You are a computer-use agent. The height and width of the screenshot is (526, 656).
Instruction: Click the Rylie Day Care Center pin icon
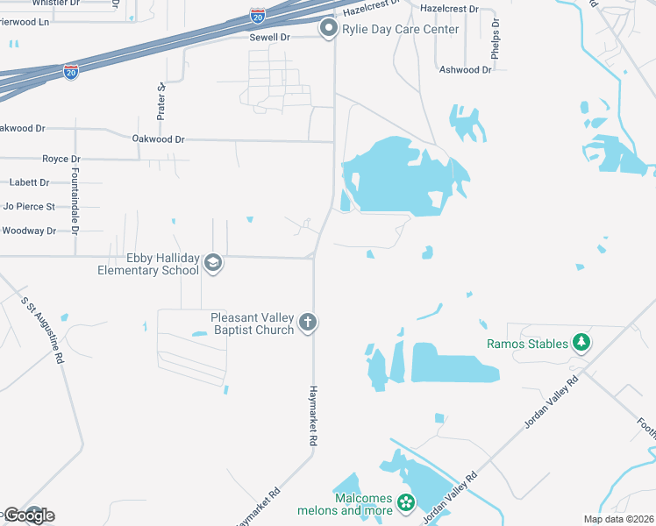click(329, 29)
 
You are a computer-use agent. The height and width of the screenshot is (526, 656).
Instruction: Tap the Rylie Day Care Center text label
click(401, 30)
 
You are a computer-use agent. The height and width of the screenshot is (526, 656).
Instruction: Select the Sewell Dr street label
click(269, 38)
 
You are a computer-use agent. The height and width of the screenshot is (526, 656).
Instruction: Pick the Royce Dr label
click(61, 159)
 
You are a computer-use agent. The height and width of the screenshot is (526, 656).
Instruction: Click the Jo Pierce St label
click(29, 207)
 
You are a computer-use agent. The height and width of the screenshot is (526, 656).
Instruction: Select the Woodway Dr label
click(28, 231)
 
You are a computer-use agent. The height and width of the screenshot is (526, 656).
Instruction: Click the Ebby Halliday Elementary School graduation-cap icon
click(212, 262)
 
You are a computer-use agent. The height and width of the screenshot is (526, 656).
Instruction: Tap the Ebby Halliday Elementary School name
click(149, 264)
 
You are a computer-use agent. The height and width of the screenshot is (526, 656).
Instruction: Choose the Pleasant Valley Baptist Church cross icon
click(308, 323)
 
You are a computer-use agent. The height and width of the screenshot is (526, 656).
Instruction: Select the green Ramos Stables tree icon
click(581, 343)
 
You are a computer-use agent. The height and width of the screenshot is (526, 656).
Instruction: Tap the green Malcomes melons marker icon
click(405, 502)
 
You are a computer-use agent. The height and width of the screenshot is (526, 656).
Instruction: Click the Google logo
click(28, 515)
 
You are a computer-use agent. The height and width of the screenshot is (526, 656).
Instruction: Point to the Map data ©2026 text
click(618, 519)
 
